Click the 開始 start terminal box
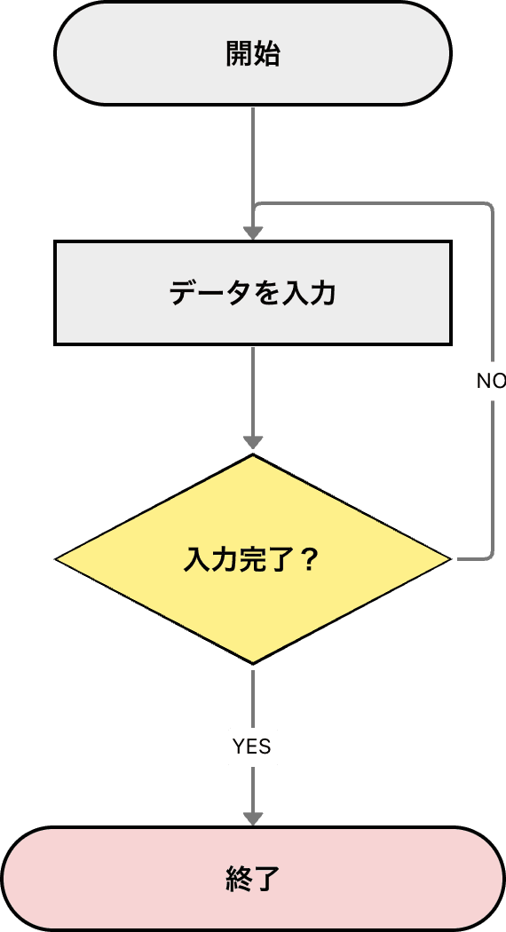tap(253, 54)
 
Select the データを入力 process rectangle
tap(253, 292)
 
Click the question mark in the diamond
tap(310, 560)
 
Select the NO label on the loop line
tap(490, 381)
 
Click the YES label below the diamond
tap(252, 747)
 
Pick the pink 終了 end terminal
tap(253, 879)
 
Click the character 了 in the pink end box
tap(267, 879)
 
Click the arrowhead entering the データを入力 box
tap(253, 233)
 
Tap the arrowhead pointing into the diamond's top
tap(253, 442)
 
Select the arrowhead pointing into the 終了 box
tap(253, 817)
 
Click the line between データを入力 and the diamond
tap(253, 391)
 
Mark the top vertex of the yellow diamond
tap(253, 456)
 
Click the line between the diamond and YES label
tap(253, 697)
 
